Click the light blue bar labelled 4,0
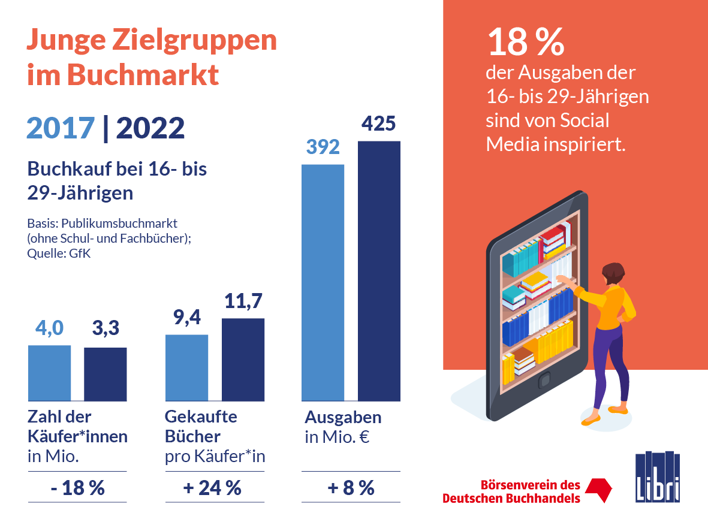(x=49, y=373)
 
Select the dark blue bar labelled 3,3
(x=105, y=374)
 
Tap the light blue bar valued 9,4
(x=186, y=367)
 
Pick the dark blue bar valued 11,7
(x=243, y=359)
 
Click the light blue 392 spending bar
(x=323, y=282)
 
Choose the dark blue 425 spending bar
(x=379, y=270)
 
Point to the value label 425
(x=378, y=124)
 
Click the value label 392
(x=323, y=147)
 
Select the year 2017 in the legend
(x=61, y=128)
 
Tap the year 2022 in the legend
(x=150, y=128)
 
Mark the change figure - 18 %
(x=77, y=488)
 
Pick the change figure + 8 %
(x=351, y=488)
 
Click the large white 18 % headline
(x=525, y=43)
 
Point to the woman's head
(x=612, y=274)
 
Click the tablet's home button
(x=544, y=379)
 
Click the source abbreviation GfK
(x=89, y=253)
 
